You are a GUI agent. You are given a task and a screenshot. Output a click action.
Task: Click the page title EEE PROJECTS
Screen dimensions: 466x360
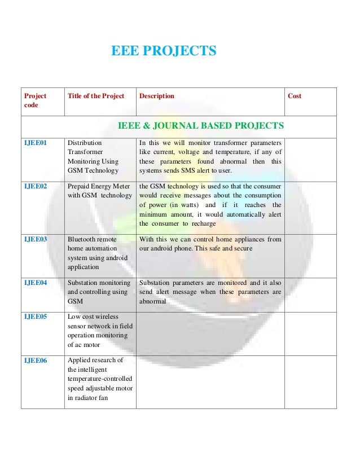coord(164,52)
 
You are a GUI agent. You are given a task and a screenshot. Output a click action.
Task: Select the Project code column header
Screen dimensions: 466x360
coord(35,101)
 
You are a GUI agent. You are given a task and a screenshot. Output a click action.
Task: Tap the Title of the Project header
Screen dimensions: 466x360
coord(96,96)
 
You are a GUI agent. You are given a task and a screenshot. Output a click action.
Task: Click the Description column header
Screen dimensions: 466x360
coord(156,96)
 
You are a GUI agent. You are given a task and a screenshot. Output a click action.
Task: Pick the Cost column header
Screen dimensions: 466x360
coord(295,96)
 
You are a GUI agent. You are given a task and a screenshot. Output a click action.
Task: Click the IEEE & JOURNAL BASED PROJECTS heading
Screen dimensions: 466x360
coord(200,125)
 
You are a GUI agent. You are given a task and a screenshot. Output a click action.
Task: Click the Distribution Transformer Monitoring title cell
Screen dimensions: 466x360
coord(93,157)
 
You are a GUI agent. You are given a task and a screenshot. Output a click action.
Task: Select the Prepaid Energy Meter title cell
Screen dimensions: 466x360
coord(99,191)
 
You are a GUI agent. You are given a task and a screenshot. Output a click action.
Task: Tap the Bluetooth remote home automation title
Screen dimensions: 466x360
coord(95,253)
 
